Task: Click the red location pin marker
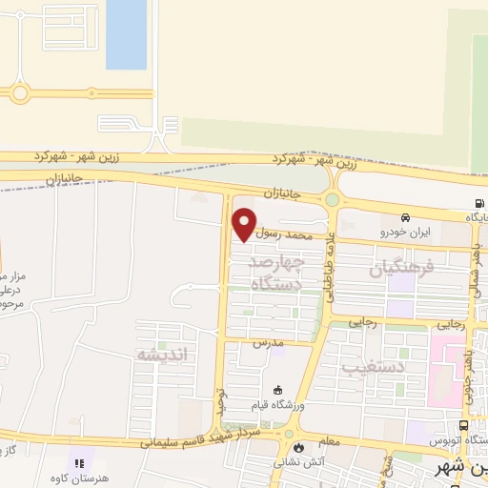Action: coord(245,223)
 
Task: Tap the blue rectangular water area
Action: coord(126,34)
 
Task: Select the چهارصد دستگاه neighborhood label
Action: coord(276,272)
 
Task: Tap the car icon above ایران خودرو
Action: coord(407,217)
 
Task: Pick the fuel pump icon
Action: coord(478,203)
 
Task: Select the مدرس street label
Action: coord(268,341)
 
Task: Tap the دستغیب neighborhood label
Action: coord(399,364)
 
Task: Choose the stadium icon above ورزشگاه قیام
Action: coord(277,390)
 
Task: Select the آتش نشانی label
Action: coord(300,462)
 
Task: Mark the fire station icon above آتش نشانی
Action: coord(300,447)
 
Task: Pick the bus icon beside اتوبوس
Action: coord(463,426)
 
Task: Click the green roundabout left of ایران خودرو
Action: coord(332,200)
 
